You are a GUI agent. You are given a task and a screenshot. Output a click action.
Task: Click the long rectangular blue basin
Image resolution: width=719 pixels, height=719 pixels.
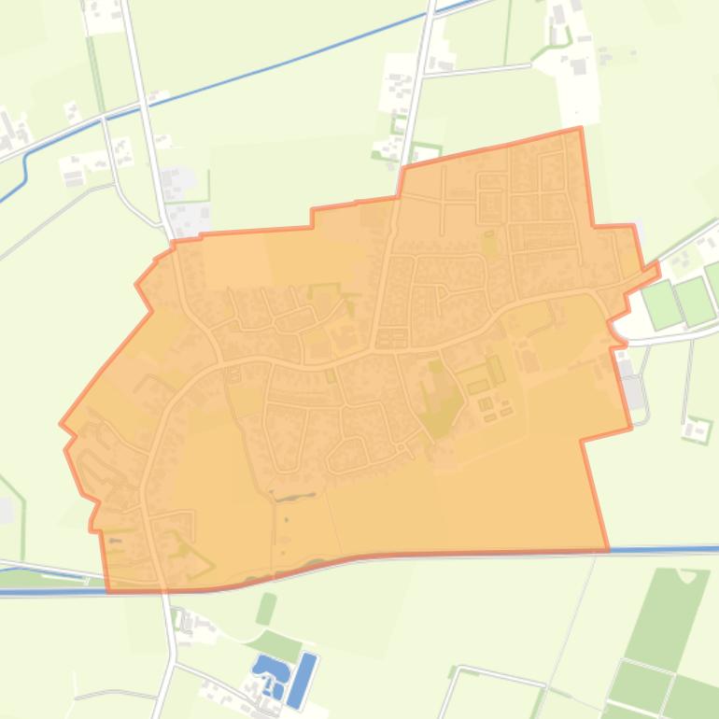[302, 681]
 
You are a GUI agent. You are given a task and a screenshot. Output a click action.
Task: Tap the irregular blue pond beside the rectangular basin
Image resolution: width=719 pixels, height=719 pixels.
[270, 671]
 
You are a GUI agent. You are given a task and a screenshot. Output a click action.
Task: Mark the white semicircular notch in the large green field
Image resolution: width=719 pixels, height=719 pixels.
[689, 574]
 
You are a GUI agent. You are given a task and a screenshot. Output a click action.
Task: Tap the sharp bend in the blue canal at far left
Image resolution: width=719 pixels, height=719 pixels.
[25, 159]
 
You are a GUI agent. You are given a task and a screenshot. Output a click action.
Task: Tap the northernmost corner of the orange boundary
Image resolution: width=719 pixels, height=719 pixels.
[580, 128]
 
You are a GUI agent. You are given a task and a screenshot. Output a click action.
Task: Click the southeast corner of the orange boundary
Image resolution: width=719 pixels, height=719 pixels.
[608, 549]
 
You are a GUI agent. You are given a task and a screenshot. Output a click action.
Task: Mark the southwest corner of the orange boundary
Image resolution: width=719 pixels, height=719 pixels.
[109, 590]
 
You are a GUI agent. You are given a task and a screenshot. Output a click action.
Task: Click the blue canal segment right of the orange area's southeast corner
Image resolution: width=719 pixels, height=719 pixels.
[663, 549]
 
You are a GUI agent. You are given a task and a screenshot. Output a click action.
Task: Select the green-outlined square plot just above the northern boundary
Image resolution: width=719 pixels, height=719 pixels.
[426, 151]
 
